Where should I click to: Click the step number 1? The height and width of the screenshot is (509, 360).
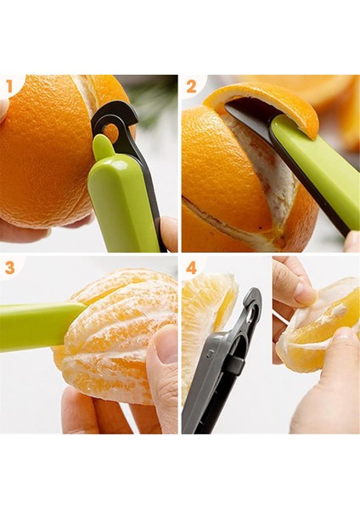point(8,87)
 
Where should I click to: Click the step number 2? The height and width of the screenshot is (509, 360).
point(191,87)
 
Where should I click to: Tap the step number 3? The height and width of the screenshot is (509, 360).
point(9,268)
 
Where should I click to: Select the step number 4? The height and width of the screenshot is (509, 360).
point(191,268)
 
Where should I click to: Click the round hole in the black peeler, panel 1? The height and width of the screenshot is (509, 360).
point(112,129)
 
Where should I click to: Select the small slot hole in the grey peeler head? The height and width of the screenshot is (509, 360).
point(251,314)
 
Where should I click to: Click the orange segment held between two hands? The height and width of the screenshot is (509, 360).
point(322,325)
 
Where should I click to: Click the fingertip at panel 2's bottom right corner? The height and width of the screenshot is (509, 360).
point(352,242)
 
